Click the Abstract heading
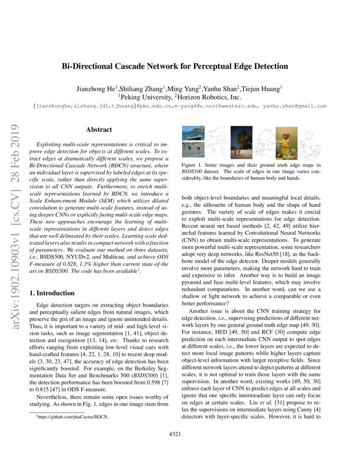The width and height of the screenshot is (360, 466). (99, 130)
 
